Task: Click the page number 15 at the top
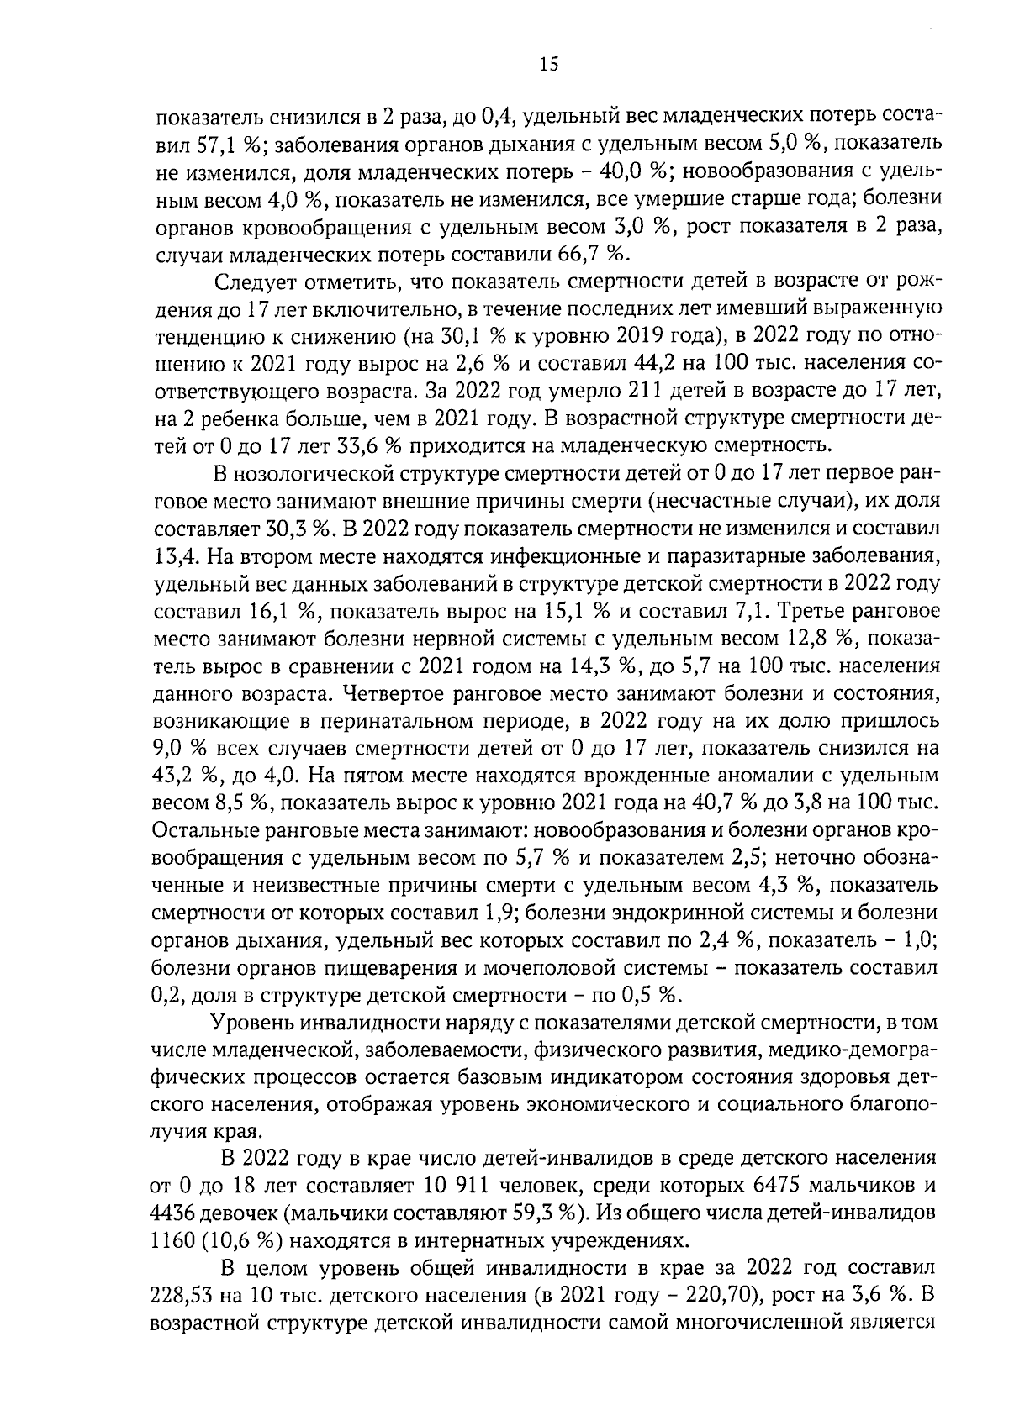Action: (547, 65)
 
